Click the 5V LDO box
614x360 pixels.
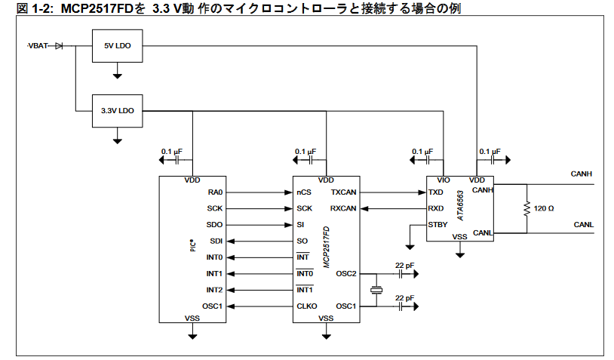(118, 46)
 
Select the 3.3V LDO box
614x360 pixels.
(118, 111)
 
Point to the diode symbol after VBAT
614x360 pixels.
(59, 46)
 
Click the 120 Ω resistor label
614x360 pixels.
(544, 208)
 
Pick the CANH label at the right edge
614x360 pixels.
(582, 174)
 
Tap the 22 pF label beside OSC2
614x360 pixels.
(405, 265)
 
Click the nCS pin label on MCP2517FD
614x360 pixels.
(304, 192)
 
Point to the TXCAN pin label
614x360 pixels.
(343, 192)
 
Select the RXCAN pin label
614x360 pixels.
(343, 208)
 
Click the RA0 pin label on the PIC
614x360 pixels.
(215, 192)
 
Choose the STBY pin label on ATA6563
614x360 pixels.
(437, 225)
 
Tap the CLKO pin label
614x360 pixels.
(306, 306)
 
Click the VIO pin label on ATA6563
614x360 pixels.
(443, 180)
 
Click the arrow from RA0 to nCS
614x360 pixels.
(259, 192)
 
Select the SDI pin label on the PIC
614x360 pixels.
(216, 241)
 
